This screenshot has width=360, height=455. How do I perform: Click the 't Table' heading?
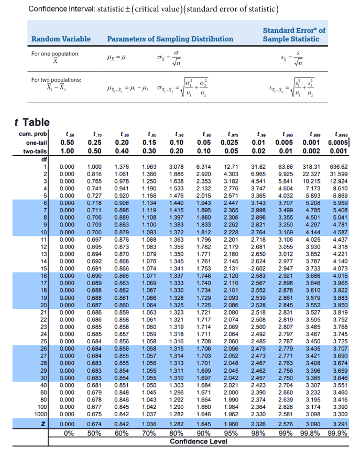(x=32, y=123)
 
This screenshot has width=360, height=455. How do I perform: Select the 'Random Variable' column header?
(x=61, y=39)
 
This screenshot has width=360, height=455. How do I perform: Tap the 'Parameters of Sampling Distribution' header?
(x=170, y=39)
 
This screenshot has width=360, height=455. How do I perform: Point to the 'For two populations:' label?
(x=56, y=80)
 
